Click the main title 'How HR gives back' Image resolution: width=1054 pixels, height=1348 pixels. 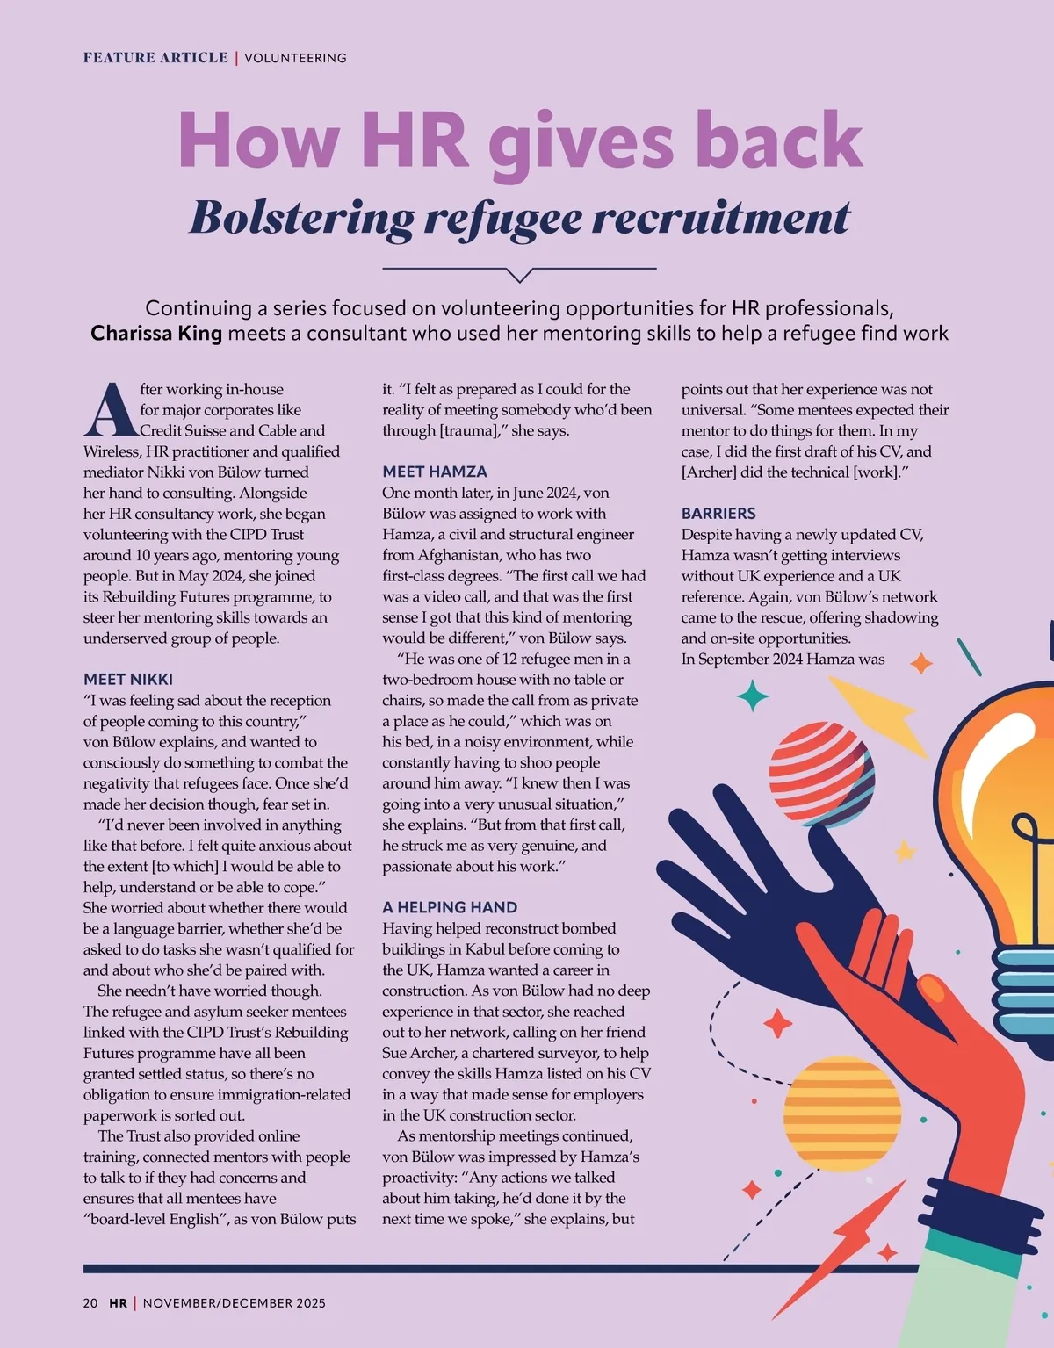tap(520, 141)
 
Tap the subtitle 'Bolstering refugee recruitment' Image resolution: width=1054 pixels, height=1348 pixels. tap(520, 218)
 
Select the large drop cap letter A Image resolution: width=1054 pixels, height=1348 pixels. tap(110, 409)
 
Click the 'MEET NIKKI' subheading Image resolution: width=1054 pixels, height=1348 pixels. tap(128, 679)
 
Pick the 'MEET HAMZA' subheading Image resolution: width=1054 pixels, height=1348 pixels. tap(434, 472)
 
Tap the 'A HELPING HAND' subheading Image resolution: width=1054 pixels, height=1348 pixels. tap(450, 907)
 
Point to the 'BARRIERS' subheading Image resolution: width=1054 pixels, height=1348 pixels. tap(718, 513)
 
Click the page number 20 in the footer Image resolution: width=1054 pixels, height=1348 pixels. tap(90, 1303)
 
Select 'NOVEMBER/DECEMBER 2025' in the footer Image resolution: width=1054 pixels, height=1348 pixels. tap(234, 1303)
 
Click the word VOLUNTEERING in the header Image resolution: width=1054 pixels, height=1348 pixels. tap(295, 58)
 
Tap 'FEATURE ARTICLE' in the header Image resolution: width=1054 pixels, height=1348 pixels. tap(155, 58)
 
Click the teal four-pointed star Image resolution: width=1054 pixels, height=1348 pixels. tap(752, 696)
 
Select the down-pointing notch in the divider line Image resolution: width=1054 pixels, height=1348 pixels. tap(520, 275)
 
